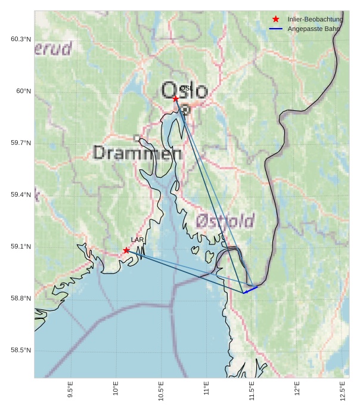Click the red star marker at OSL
[x=176, y=98]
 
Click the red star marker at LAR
[x=126, y=250]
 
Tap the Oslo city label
[x=185, y=91]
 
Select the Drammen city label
[x=138, y=153]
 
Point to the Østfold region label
[x=225, y=222]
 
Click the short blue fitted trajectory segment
[x=250, y=290]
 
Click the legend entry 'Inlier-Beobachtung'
[x=315, y=19]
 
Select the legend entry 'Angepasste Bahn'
[x=314, y=29]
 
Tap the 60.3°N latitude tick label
[x=21, y=39]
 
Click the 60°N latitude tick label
[x=23, y=91]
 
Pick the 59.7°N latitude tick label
[x=21, y=143]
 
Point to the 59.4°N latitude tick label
[x=21, y=195]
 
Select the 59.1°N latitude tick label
[x=21, y=247]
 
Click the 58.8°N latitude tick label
[x=21, y=298]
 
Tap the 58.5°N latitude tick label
[x=21, y=350]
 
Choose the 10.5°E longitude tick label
[x=162, y=391]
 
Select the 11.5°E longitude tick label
[x=252, y=391]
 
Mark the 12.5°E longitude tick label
[x=343, y=391]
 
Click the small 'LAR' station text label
[x=137, y=240]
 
